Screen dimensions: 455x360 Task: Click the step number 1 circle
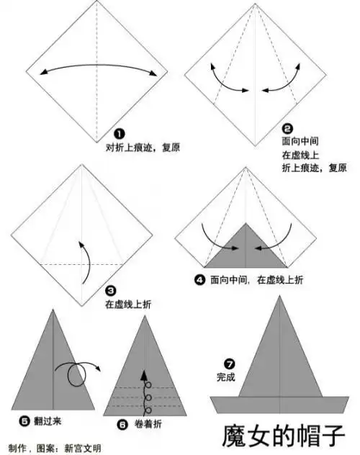click(x=120, y=134)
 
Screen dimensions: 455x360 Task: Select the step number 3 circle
click(x=110, y=291)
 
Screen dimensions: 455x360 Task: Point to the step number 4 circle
click(x=199, y=280)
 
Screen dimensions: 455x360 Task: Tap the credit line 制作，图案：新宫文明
click(x=54, y=447)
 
